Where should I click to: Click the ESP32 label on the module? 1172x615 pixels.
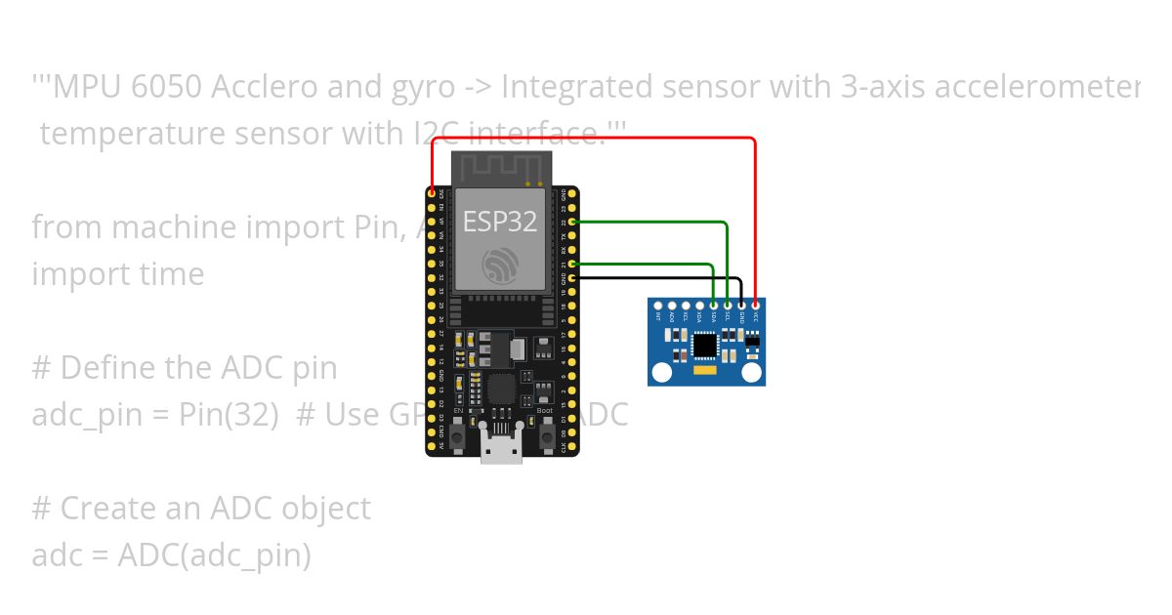tap(500, 222)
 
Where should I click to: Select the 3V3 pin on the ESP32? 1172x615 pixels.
tap(432, 194)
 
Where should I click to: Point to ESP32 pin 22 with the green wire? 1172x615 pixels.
tap(572, 223)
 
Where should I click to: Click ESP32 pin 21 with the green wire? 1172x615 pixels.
tap(572, 264)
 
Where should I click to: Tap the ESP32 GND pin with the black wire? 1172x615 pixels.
tap(572, 278)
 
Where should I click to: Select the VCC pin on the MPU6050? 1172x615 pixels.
tap(756, 307)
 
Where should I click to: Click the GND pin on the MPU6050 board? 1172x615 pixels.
tap(741, 307)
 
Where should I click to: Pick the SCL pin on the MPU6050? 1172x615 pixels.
tap(728, 307)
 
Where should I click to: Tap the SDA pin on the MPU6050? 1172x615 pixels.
tap(714, 307)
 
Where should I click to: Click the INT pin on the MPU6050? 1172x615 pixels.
tap(658, 307)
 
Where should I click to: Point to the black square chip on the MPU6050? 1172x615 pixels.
tap(704, 345)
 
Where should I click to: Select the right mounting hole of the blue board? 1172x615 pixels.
tap(752, 371)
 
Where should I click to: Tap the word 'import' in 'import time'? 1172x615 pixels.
tap(73, 274)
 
